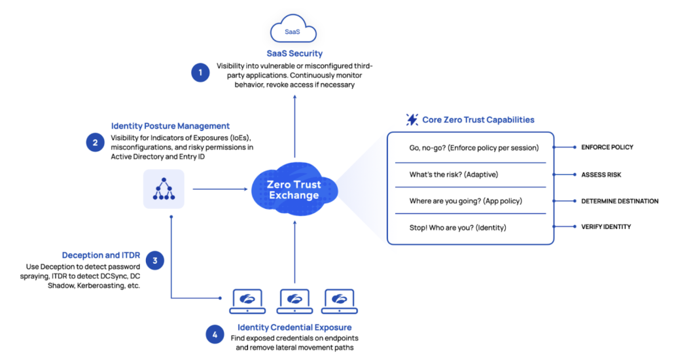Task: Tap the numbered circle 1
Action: tap(200, 73)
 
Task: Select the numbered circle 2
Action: tap(96, 142)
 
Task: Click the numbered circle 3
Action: tap(154, 261)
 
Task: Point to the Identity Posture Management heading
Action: tap(170, 126)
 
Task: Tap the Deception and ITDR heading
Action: tap(100, 255)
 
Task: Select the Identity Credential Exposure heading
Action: tap(294, 327)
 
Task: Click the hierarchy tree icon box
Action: tap(164, 189)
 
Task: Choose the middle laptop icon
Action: tap(294, 302)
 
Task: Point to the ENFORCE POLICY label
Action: tap(607, 147)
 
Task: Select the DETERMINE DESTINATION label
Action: tap(619, 201)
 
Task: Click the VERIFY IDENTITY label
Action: tap(606, 226)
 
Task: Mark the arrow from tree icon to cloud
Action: tap(217, 189)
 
